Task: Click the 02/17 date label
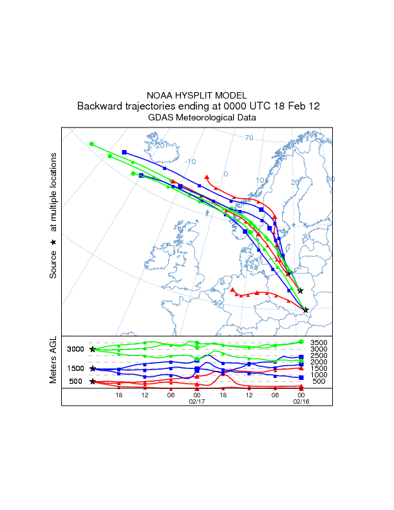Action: (196, 401)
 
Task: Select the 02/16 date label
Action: (301, 401)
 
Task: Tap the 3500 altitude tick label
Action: (319, 343)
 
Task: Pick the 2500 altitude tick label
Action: (319, 355)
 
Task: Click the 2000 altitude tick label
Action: (319, 362)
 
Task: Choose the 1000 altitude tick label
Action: (319, 375)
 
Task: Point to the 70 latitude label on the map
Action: (249, 138)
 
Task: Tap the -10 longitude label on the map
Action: (190, 162)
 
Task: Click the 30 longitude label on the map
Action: (330, 179)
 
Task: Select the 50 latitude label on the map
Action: (217, 303)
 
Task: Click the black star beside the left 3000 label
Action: (93, 349)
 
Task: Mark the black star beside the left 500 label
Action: (93, 381)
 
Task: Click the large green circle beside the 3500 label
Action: (301, 341)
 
